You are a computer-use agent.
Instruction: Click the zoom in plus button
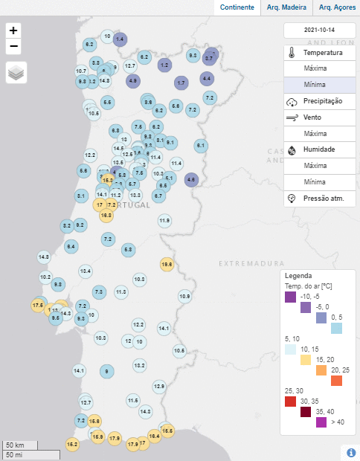13,30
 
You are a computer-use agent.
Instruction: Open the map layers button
16,73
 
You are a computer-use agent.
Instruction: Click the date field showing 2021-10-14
320,30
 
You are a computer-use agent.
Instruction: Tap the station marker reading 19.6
167,264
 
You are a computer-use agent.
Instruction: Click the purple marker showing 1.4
120,39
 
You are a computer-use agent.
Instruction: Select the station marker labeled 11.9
164,220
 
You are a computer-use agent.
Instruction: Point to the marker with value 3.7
210,57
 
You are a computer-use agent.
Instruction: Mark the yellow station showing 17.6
38,305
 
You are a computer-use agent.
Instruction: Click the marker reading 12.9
159,386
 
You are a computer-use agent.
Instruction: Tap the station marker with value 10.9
184,296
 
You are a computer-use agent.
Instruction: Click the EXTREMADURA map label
252,263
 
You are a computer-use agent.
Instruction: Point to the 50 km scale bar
30,445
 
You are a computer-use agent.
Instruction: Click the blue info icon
350,452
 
